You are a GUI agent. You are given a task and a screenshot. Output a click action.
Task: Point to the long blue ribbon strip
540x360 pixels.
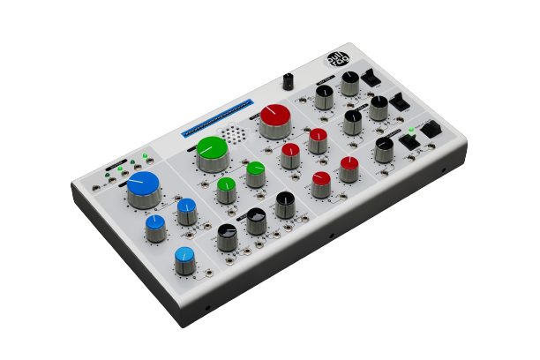tap(216, 117)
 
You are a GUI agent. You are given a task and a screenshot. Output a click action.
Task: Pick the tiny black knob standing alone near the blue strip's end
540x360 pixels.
tap(289, 80)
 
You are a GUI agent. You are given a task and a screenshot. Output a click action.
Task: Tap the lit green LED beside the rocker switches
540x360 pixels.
tap(411, 130)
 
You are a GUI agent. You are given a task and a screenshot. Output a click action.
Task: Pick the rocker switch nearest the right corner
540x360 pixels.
tap(431, 130)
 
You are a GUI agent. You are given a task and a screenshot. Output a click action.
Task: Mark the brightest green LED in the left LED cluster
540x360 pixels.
tap(144, 155)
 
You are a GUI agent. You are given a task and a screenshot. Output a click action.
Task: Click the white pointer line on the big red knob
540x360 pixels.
tap(266, 113)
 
